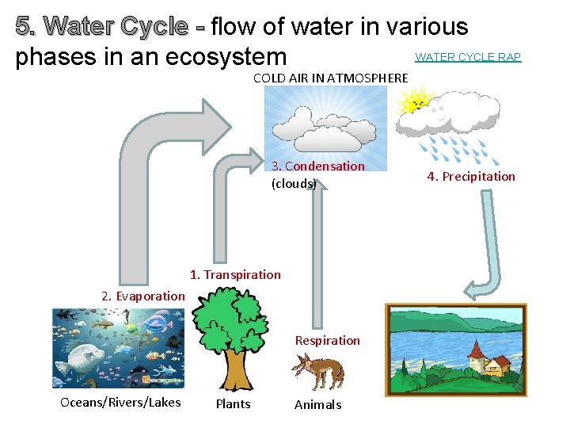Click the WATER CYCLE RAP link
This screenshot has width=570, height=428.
[x=468, y=57]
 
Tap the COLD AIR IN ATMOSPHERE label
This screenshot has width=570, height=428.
[x=330, y=78]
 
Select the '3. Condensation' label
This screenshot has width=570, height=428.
[x=317, y=166]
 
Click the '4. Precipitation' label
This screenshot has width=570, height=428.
[x=471, y=177]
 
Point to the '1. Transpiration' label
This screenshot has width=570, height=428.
[x=235, y=275]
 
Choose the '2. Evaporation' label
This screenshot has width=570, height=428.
[x=142, y=296]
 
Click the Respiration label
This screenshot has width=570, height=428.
[x=327, y=341]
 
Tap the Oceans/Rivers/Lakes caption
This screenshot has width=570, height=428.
[x=120, y=403]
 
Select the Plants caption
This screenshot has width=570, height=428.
[x=233, y=404]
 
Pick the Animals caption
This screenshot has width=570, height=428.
[x=317, y=405]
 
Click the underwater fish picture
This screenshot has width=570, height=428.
[x=118, y=347]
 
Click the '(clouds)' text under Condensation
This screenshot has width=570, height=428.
[x=294, y=184]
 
